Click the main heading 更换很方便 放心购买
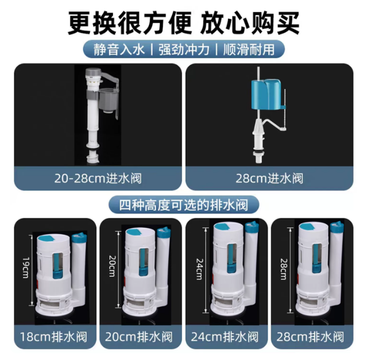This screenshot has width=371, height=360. click(x=184, y=23)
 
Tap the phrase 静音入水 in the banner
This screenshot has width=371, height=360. click(x=119, y=50)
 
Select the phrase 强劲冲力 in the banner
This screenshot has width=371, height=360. click(x=184, y=50)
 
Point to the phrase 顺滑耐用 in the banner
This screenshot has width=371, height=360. click(x=249, y=50)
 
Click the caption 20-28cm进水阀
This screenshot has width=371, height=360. click(x=98, y=179)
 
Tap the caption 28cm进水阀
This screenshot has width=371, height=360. click(x=269, y=179)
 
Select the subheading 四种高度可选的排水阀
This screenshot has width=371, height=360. click(x=184, y=205)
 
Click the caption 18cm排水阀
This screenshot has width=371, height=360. click(x=54, y=337)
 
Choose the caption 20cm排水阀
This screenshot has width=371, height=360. click(x=139, y=337)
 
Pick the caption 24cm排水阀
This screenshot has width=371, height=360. click(x=225, y=337)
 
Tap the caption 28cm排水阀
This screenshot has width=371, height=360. click(x=311, y=337)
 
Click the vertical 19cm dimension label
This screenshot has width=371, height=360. click(x=25, y=268)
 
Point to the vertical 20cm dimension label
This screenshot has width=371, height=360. click(x=112, y=266)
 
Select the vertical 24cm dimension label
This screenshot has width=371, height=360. click(x=200, y=269)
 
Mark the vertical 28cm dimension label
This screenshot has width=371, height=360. click(x=283, y=269)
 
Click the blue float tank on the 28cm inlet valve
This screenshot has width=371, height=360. click(x=267, y=95)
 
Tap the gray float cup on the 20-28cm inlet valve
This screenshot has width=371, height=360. click(x=109, y=100)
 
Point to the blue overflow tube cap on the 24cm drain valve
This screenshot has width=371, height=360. click(x=251, y=227)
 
